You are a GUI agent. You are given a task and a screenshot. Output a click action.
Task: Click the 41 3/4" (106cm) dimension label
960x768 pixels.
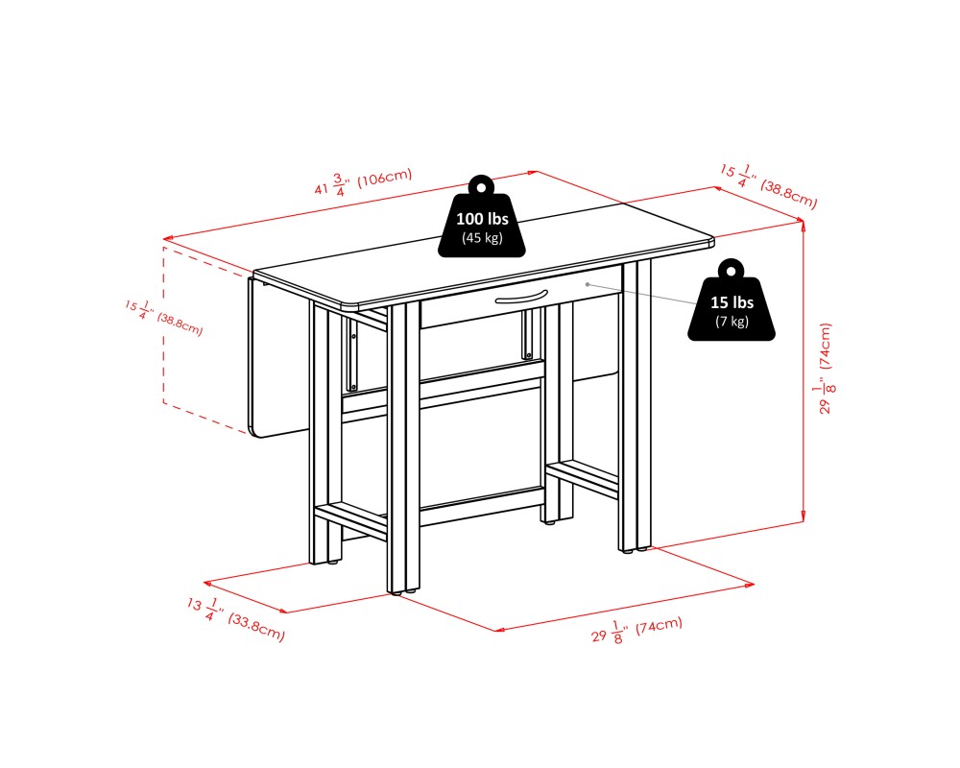point(364,181)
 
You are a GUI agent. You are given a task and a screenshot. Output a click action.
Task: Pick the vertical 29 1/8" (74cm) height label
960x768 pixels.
point(827,368)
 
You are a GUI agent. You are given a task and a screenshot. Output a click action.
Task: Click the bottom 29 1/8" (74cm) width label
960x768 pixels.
point(636,630)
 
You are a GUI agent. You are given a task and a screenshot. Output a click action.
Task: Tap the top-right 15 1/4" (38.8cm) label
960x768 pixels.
point(768,185)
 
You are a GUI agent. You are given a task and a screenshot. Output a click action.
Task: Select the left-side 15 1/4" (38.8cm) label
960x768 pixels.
point(163,317)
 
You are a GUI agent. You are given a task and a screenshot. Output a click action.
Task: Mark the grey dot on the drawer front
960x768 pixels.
point(588,284)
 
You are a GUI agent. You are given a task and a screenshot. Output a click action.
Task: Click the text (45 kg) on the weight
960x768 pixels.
point(482,238)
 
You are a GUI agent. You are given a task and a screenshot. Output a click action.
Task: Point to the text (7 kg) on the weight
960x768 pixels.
point(732,321)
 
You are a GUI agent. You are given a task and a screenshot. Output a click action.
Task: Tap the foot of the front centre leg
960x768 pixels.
point(404,591)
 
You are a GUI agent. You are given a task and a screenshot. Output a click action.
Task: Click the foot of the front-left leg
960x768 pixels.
point(325,561)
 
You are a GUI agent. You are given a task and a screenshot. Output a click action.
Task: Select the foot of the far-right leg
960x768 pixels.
point(635,549)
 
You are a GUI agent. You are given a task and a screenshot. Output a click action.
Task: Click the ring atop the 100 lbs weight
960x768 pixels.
point(482,184)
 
